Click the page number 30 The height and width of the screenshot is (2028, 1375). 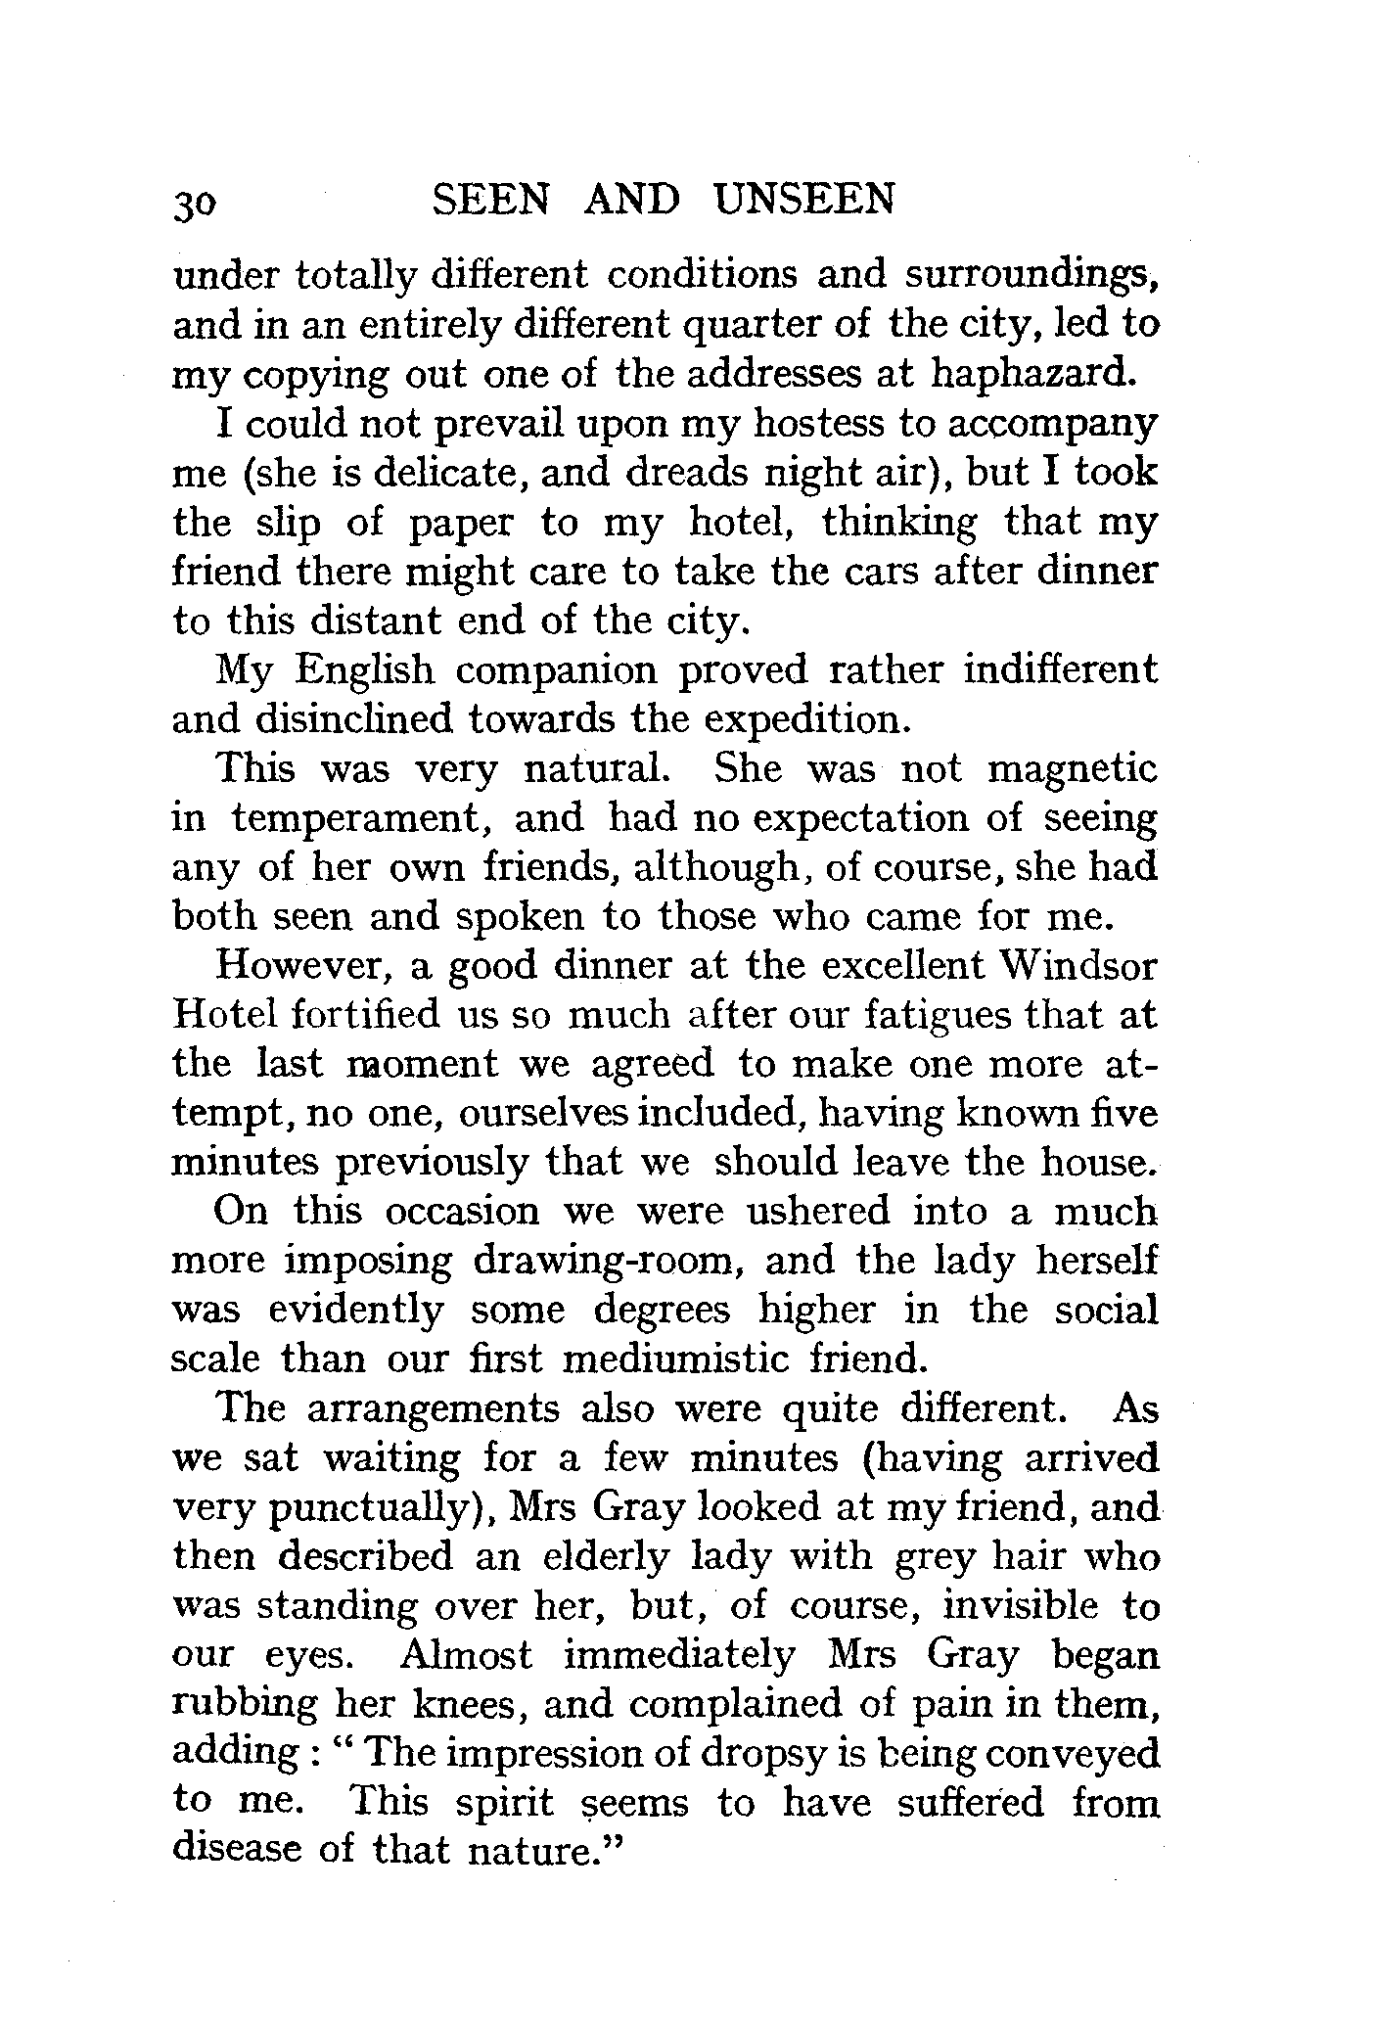click(198, 205)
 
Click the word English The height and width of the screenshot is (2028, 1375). click(364, 670)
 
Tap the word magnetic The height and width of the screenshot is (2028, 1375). click(1073, 769)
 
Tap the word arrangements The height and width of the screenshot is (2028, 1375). click(435, 1410)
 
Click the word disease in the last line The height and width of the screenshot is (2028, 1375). click(248, 1850)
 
